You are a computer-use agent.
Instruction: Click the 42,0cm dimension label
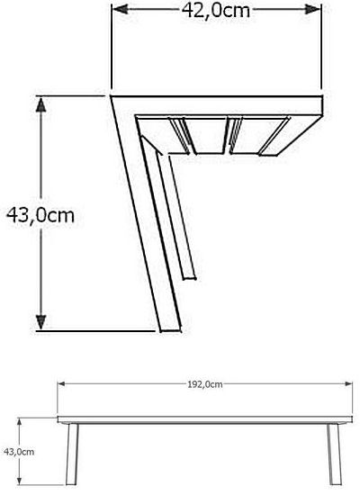click(216, 11)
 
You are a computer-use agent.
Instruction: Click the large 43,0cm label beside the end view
click(40, 215)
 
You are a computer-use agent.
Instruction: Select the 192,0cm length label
click(205, 384)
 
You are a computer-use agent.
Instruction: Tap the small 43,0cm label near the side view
click(19, 452)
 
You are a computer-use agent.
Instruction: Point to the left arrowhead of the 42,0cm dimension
click(120, 10)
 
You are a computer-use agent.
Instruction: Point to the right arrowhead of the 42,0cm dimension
click(313, 10)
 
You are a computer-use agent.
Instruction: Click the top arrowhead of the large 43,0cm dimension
click(40, 104)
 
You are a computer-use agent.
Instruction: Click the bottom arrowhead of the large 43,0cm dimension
click(40, 322)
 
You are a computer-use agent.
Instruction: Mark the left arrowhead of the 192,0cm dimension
click(61, 384)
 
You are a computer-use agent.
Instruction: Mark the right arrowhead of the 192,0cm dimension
click(348, 384)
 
